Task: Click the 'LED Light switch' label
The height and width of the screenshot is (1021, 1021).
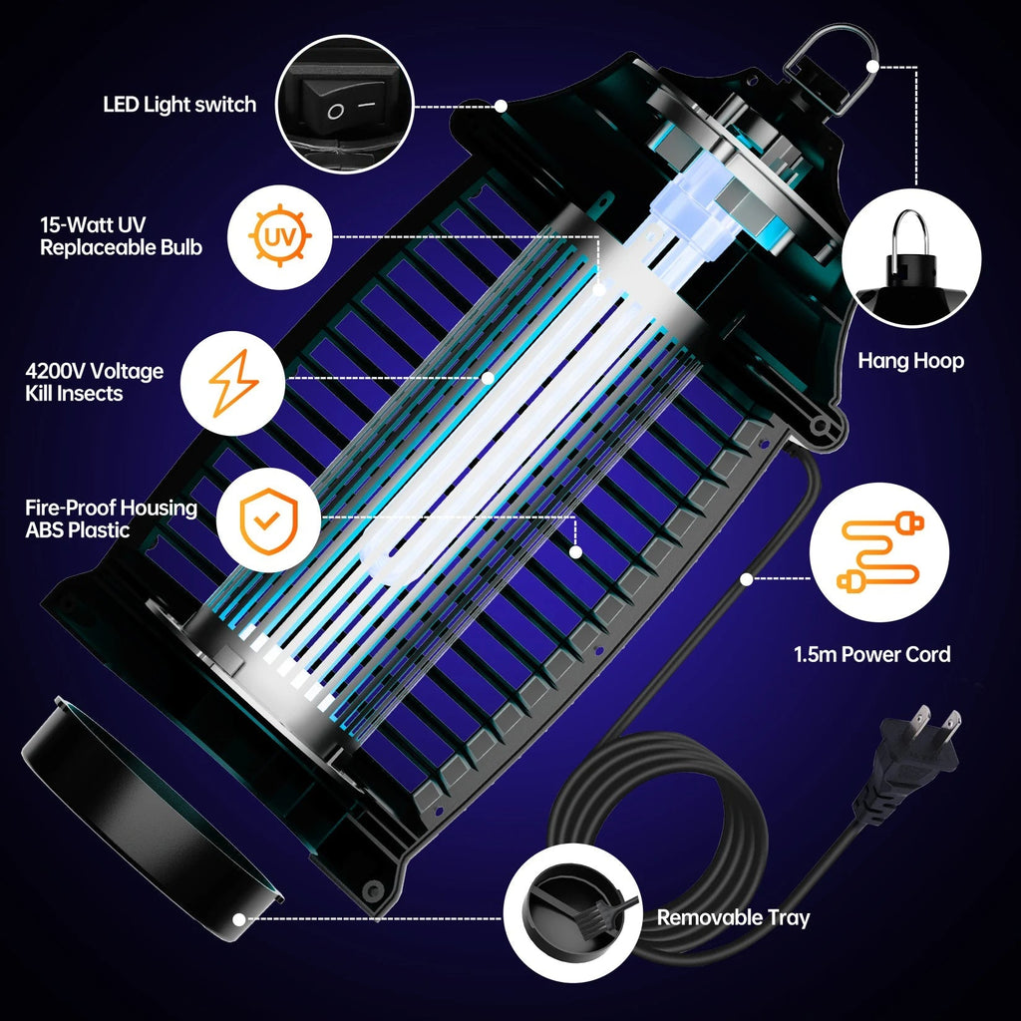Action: (179, 105)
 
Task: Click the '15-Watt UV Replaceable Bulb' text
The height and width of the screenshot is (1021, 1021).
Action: (121, 236)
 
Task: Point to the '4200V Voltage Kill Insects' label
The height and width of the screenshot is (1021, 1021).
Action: (94, 383)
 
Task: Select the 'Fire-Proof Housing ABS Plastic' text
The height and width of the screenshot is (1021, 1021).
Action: (111, 518)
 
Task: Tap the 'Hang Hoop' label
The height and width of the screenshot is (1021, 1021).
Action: (910, 361)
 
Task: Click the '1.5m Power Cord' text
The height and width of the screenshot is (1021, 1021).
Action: (871, 655)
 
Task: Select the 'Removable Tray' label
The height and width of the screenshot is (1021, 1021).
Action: (733, 917)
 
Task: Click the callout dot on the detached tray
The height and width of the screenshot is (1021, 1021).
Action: (238, 918)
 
